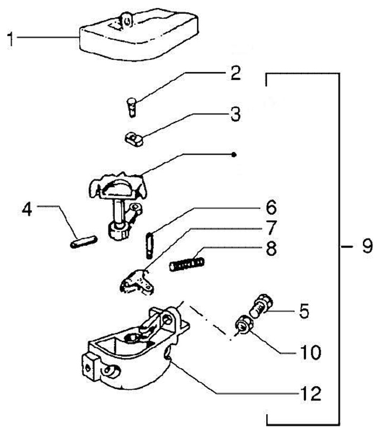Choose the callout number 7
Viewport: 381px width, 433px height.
(270, 228)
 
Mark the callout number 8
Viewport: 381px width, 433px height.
(270, 249)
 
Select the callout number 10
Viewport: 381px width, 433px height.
(311, 352)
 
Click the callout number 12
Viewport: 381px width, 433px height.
(312, 393)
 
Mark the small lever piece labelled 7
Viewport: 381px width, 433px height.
(137, 280)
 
